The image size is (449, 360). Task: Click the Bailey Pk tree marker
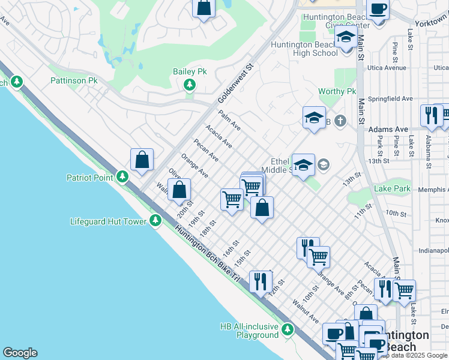pyautogui.click(x=190, y=85)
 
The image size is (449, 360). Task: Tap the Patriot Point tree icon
pyautogui.click(x=122, y=177)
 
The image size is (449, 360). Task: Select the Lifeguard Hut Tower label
pyautogui.click(x=108, y=221)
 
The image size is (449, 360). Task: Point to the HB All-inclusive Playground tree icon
pyautogui.click(x=288, y=329)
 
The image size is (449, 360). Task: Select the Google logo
pyautogui.click(x=20, y=353)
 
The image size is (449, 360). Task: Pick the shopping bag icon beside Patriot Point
pyautogui.click(x=142, y=160)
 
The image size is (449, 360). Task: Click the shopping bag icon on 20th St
pyautogui.click(x=179, y=190)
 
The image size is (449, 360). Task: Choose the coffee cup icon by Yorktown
pyautogui.click(x=378, y=9)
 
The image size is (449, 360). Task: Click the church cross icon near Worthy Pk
pyautogui.click(x=340, y=122)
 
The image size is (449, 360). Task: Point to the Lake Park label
pyautogui.click(x=392, y=188)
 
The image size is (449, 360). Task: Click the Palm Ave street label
pyautogui.click(x=229, y=120)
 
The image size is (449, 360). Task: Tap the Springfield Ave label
pyautogui.click(x=391, y=98)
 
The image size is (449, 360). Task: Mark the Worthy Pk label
pyautogui.click(x=337, y=91)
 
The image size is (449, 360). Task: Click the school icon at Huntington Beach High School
pyautogui.click(x=346, y=39)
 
